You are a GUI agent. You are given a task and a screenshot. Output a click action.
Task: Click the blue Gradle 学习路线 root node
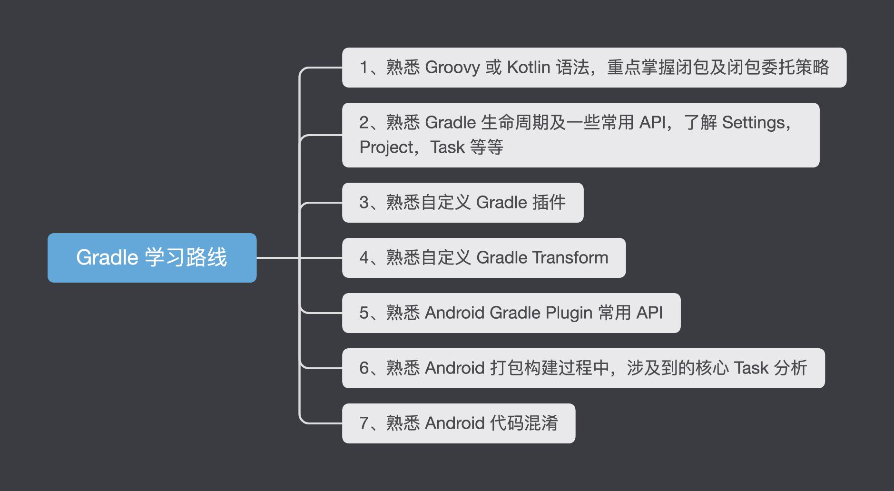click(152, 257)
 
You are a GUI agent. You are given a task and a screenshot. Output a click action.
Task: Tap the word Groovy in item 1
click(452, 68)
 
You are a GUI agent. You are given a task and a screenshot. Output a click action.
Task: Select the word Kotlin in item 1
click(529, 68)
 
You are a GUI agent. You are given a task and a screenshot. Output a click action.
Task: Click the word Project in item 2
click(386, 147)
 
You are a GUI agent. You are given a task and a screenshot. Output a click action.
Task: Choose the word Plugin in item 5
click(569, 313)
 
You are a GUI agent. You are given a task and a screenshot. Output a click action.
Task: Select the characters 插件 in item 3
click(549, 203)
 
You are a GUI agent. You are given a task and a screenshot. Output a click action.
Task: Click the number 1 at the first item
click(364, 68)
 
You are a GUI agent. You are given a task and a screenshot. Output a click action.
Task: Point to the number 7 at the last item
click(364, 423)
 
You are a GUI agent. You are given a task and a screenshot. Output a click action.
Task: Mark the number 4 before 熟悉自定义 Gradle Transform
click(364, 258)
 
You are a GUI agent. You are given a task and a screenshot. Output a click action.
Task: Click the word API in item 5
click(649, 313)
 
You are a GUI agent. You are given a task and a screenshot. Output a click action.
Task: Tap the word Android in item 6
click(454, 368)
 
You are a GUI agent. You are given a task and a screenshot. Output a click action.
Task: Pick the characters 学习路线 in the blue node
click(186, 257)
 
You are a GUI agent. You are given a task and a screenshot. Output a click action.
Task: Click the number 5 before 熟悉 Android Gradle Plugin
click(364, 313)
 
